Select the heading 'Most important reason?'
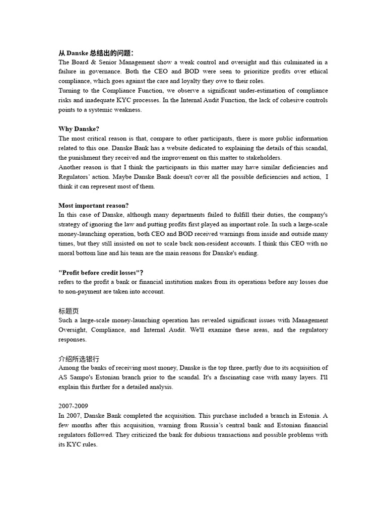pos(94,205)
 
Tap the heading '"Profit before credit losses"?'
pos(101,272)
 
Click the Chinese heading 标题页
pos(69,311)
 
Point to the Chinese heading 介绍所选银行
pos(79,359)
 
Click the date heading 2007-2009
pos(74,406)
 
